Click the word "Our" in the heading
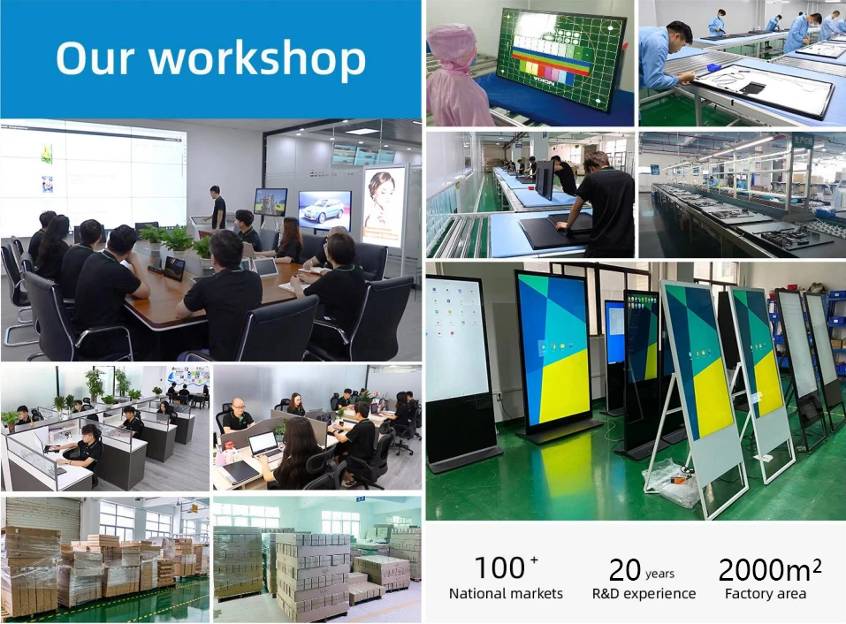pyautogui.click(x=95, y=57)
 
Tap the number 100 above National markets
pyautogui.click(x=499, y=568)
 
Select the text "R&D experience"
pyautogui.click(x=644, y=594)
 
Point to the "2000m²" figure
pyautogui.click(x=770, y=569)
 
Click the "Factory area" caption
pyautogui.click(x=765, y=594)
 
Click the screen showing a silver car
pyautogui.click(x=324, y=210)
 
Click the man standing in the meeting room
pyautogui.click(x=217, y=207)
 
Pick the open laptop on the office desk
pyautogui.click(x=263, y=445)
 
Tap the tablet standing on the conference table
pyautogui.click(x=174, y=268)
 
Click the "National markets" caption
pyautogui.click(x=506, y=594)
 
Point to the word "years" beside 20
pyautogui.click(x=659, y=574)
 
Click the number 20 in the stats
pyautogui.click(x=624, y=570)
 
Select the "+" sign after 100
pyautogui.click(x=534, y=559)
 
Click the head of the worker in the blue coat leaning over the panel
pyautogui.click(x=679, y=35)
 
